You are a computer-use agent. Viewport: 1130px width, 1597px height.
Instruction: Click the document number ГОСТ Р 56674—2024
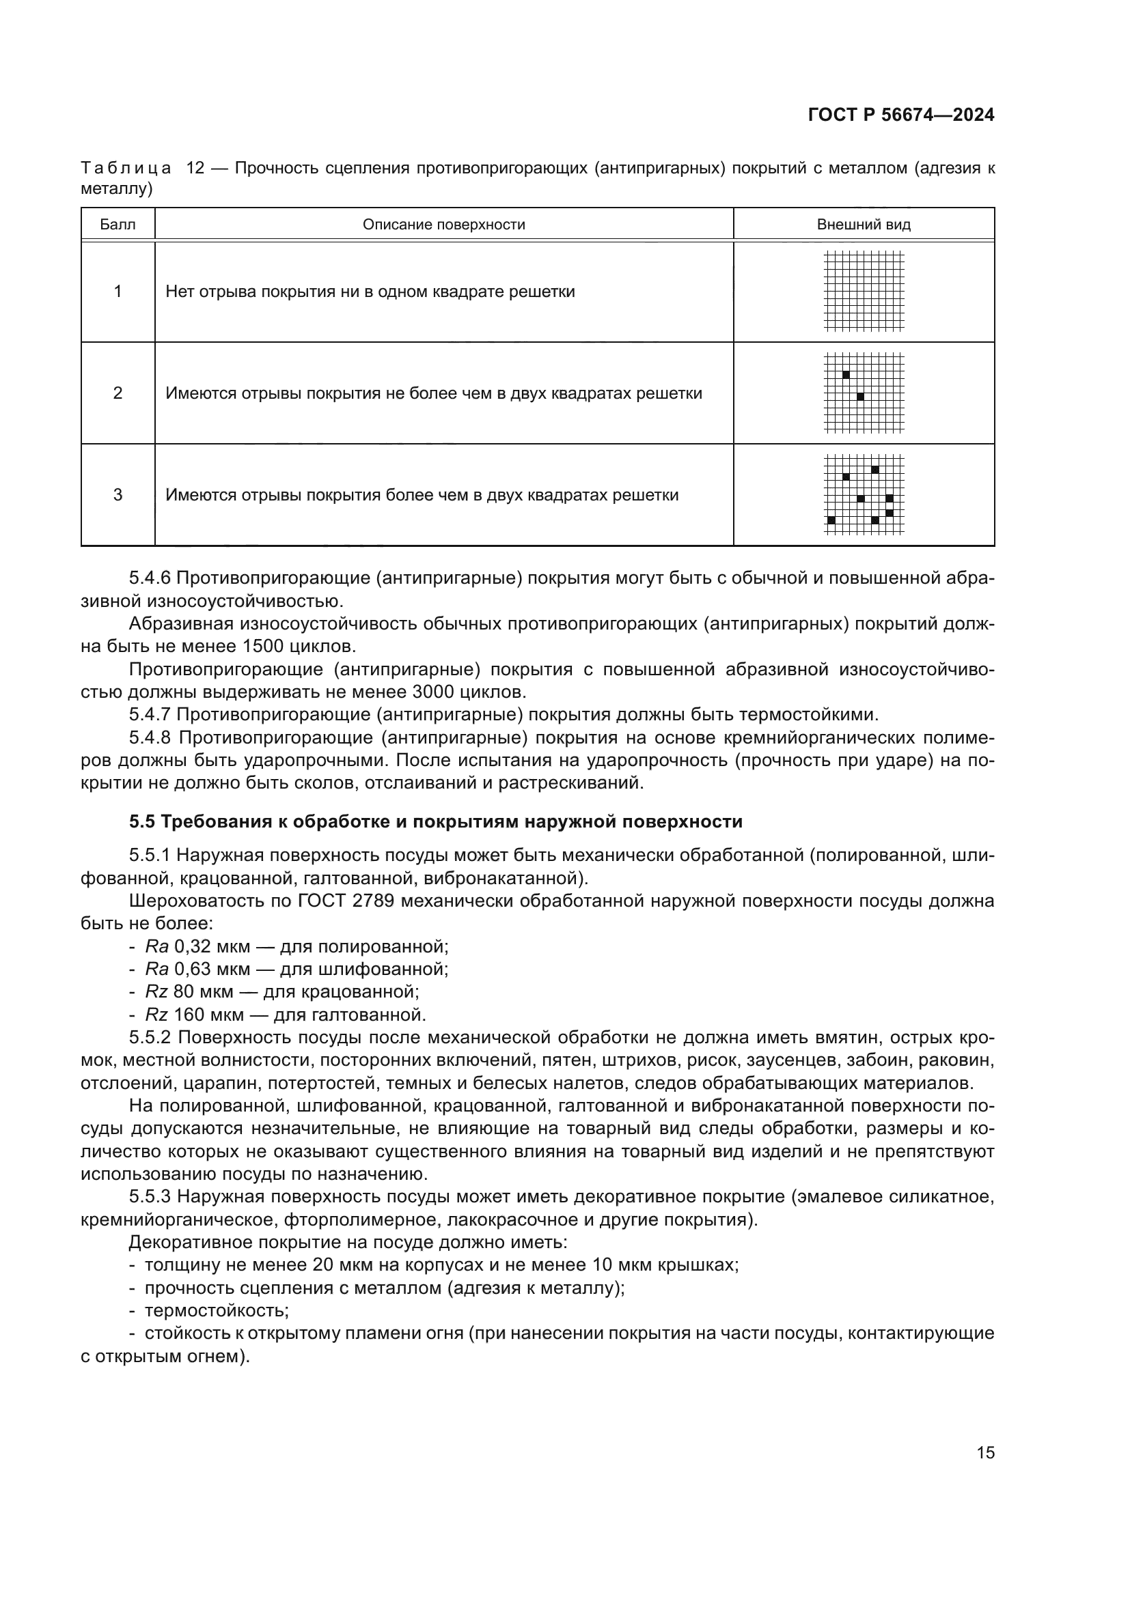point(901,115)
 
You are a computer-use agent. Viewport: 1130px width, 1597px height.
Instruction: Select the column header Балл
point(118,225)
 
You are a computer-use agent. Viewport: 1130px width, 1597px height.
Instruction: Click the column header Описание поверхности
point(444,225)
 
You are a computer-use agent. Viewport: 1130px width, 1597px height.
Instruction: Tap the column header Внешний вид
point(864,225)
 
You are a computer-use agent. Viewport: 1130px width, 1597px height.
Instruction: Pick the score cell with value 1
point(118,292)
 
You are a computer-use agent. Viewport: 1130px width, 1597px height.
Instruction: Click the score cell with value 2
point(118,393)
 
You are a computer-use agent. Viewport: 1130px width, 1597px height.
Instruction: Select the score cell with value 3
point(118,494)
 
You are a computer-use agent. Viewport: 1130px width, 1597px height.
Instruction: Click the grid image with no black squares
point(864,291)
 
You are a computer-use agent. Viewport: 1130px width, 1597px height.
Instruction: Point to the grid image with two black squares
point(864,393)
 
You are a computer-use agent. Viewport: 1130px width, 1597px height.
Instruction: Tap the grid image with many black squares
point(864,494)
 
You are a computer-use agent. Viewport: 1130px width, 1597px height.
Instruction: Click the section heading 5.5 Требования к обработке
point(436,821)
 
